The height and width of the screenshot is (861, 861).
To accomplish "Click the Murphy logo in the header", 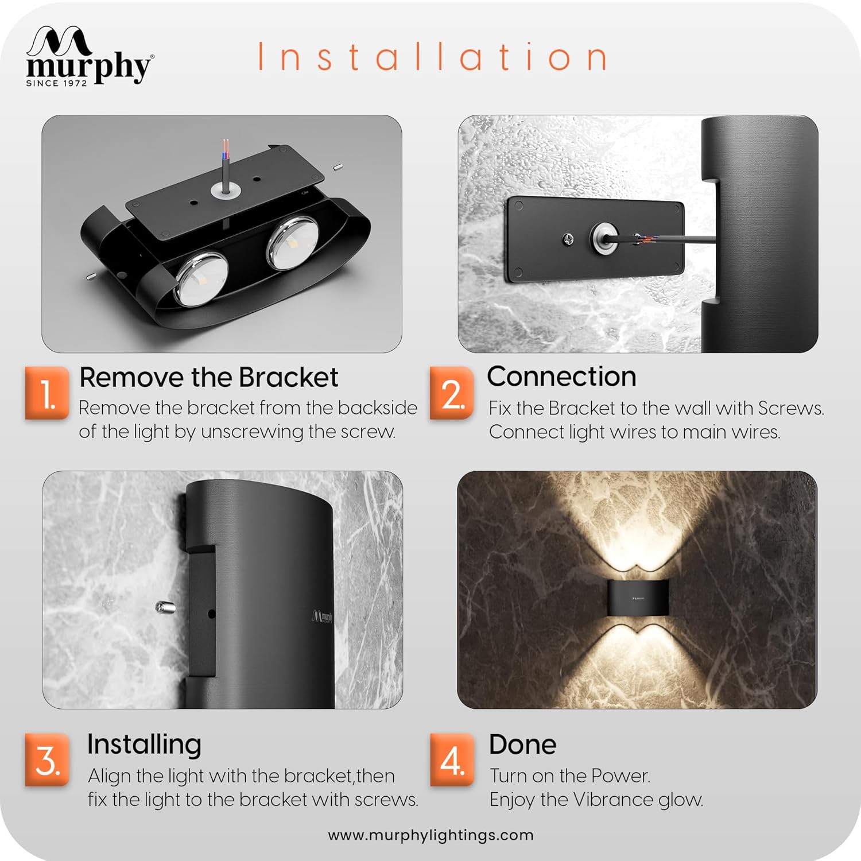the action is pos(90,56).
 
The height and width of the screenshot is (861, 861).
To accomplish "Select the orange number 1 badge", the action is pos(47,394).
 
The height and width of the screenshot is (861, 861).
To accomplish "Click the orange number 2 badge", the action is pos(452,394).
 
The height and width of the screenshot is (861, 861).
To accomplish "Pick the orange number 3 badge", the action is pos(47,760).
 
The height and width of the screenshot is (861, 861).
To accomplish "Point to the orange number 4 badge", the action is pos(452,760).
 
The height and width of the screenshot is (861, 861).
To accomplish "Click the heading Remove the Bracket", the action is pos(209,377).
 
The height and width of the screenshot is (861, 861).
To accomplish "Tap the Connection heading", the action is pos(561,377).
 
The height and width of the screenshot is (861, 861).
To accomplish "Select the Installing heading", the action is pos(144,745).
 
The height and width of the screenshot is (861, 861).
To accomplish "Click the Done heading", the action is pos(522,744).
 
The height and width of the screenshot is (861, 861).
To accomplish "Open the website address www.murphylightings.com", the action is pos(430,835).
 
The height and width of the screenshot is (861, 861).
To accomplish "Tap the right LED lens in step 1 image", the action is pos(292,243).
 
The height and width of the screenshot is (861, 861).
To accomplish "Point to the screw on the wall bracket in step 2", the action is pos(569,238).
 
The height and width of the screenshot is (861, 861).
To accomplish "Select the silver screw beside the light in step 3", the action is pos(164,606).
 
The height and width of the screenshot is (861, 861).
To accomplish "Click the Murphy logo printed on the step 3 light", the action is pos(321,616).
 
